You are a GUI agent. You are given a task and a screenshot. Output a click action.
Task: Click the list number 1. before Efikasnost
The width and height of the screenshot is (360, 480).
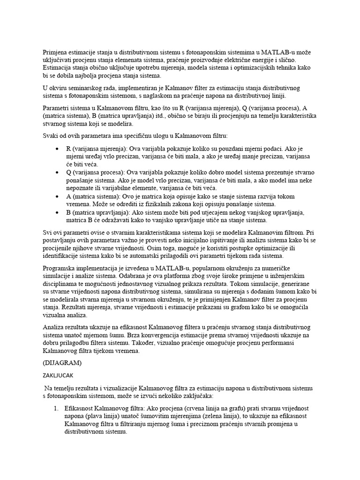pyautogui.click(x=56, y=409)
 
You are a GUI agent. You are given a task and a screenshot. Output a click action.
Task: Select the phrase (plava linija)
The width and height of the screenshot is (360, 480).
pyautogui.click(x=103, y=416)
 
